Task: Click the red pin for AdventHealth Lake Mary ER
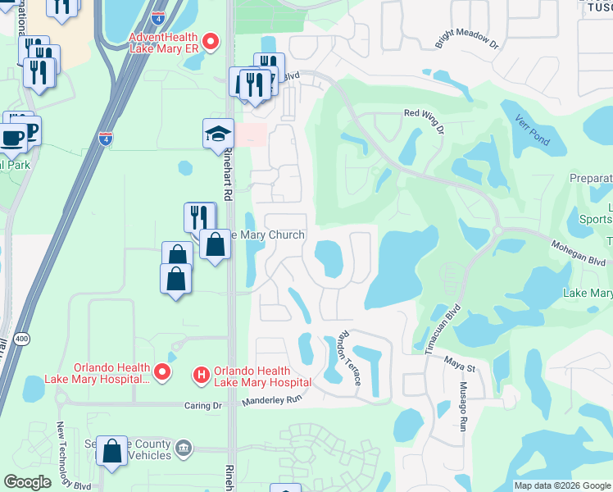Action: (x=211, y=41)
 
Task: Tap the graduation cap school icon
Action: (x=218, y=134)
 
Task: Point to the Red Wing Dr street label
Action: (x=423, y=121)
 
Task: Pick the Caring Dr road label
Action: (x=206, y=405)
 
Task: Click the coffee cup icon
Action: (x=12, y=137)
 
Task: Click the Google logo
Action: (x=27, y=482)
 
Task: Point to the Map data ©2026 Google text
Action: (x=562, y=485)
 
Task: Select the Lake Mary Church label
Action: (x=264, y=235)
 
